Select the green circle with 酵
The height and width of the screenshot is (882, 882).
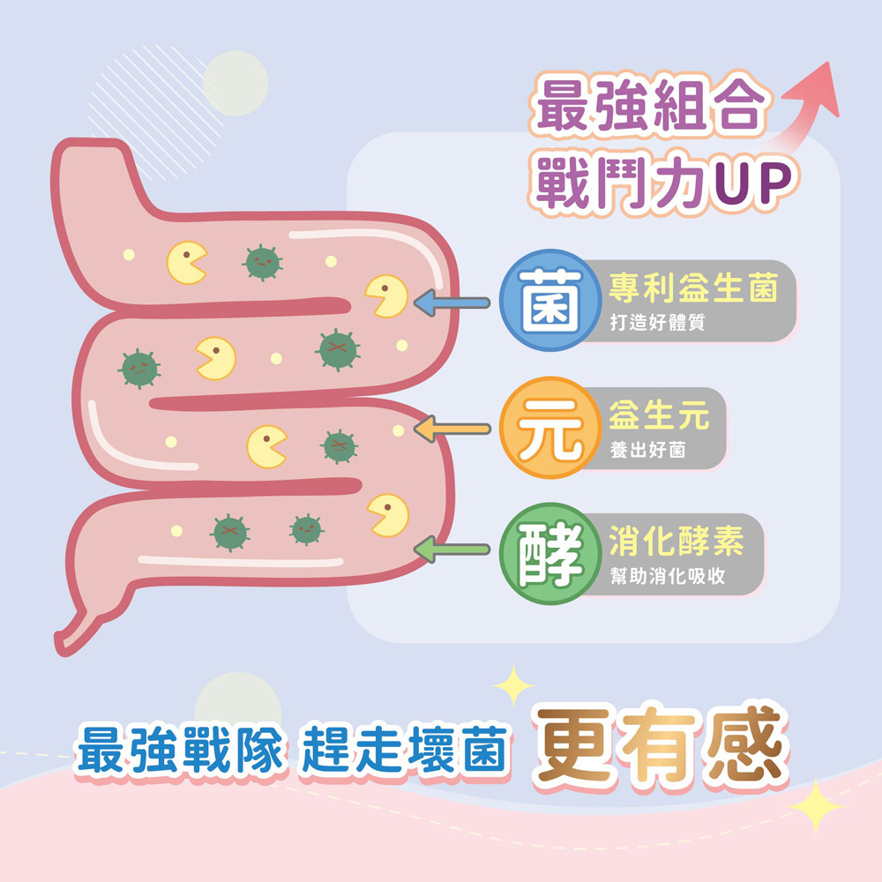[544, 554]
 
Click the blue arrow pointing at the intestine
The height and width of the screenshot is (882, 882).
[452, 303]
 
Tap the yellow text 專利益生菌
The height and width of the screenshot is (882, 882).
[693, 288]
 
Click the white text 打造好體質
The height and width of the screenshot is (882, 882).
[657, 323]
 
